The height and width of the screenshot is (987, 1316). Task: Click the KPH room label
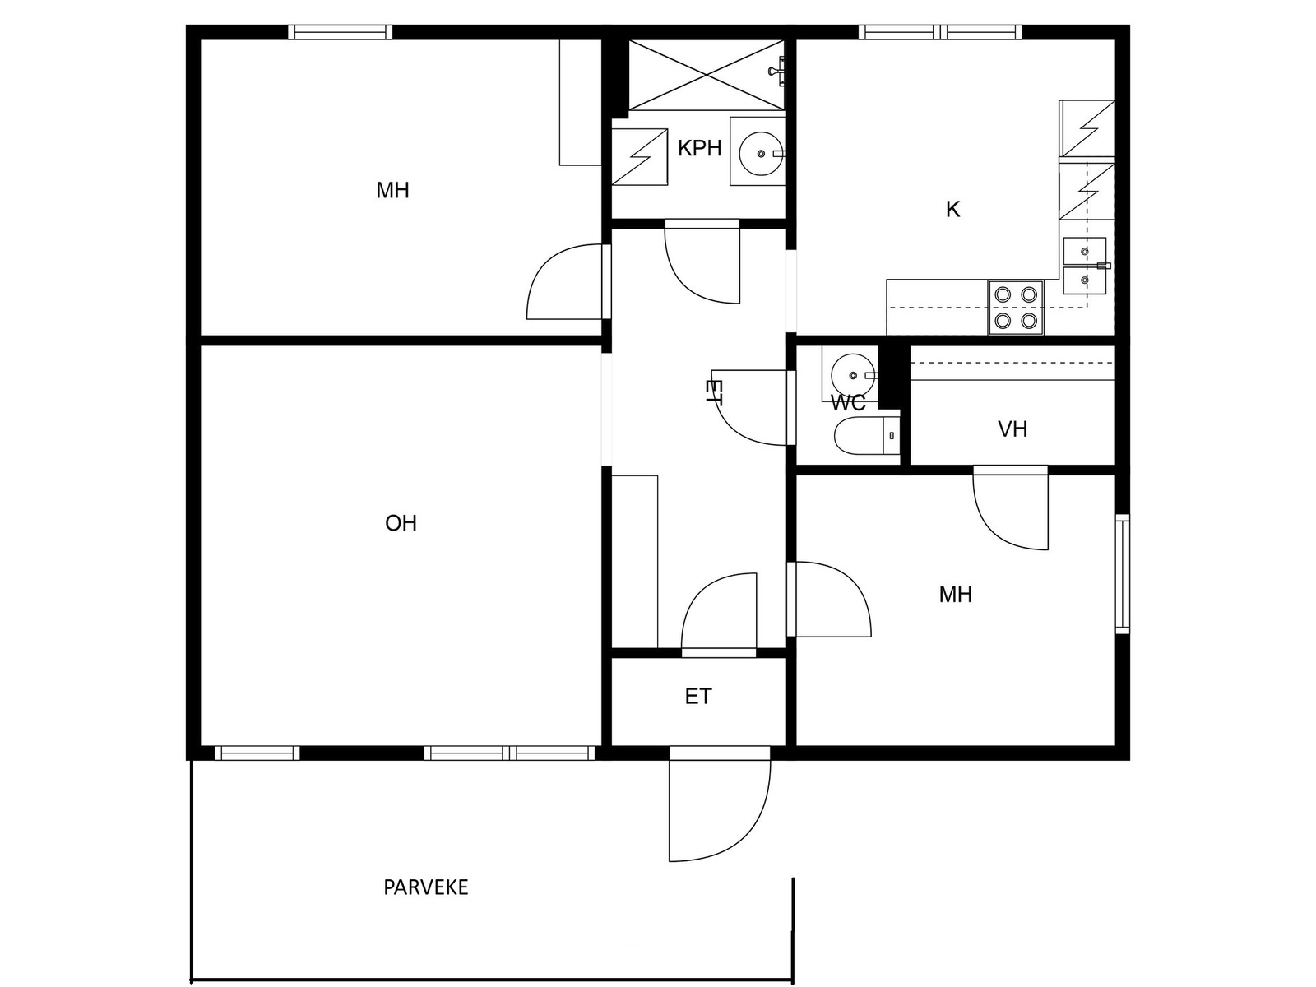click(699, 147)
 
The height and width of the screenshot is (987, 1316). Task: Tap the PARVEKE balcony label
click(426, 887)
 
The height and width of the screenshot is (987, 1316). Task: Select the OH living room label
click(401, 523)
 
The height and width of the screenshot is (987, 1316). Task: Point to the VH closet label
click(1012, 429)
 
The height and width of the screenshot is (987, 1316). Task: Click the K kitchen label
click(952, 209)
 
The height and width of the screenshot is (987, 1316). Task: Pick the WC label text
click(848, 403)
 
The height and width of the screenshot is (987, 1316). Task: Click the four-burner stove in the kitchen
click(1016, 308)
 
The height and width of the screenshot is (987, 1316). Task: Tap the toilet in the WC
click(867, 436)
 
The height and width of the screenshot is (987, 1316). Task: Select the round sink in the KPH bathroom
click(760, 154)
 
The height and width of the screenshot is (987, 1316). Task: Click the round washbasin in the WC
click(853, 375)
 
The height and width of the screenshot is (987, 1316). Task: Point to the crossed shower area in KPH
click(706, 76)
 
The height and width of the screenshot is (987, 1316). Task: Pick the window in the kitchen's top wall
click(939, 32)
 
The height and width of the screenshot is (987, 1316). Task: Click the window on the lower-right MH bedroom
click(1123, 573)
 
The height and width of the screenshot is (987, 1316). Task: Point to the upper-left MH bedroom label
click(392, 191)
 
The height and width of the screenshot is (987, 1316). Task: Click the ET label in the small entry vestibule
click(698, 697)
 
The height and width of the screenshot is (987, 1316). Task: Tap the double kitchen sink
click(1085, 266)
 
